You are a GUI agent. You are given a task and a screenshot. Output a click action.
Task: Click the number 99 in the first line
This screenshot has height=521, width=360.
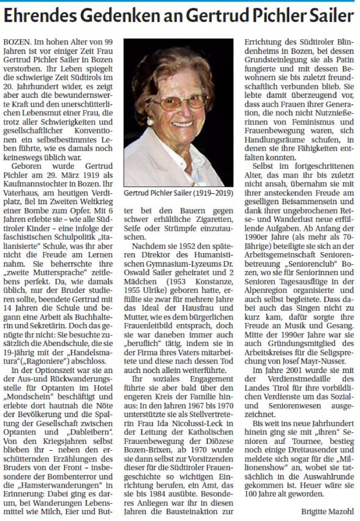tap(112, 40)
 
